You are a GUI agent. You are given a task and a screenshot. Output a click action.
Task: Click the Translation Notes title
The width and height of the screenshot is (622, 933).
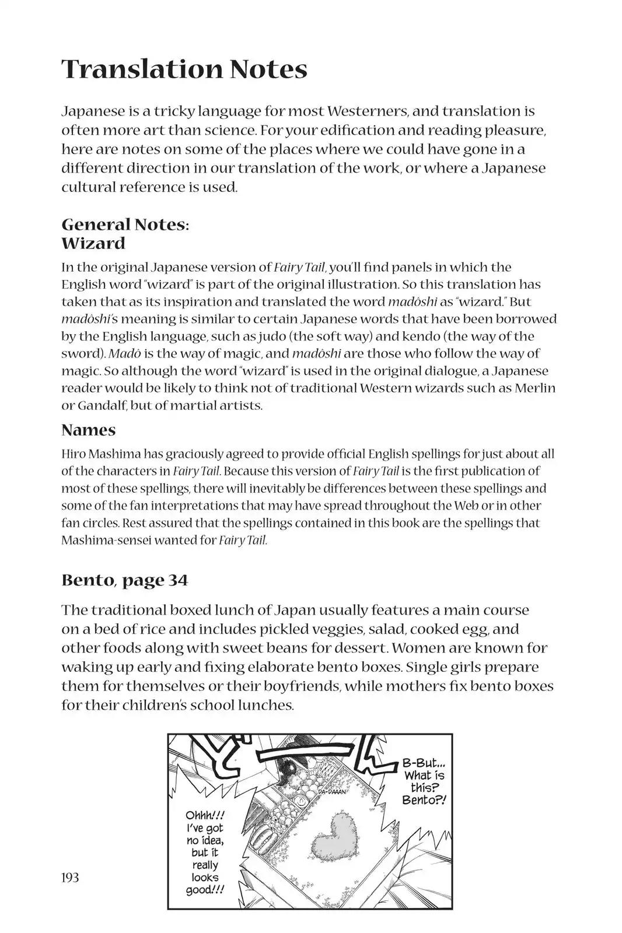click(184, 69)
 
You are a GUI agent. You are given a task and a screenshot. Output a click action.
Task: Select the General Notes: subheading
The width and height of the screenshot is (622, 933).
click(125, 225)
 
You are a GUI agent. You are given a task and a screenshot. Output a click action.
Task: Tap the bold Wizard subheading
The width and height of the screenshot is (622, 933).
click(93, 243)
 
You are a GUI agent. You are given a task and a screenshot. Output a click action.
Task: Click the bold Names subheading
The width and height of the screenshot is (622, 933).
click(89, 430)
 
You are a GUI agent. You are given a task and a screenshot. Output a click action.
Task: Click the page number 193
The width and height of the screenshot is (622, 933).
click(69, 878)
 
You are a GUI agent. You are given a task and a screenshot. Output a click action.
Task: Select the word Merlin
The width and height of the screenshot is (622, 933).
click(534, 388)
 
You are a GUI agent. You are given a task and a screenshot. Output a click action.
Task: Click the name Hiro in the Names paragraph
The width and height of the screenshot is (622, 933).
click(73, 454)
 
